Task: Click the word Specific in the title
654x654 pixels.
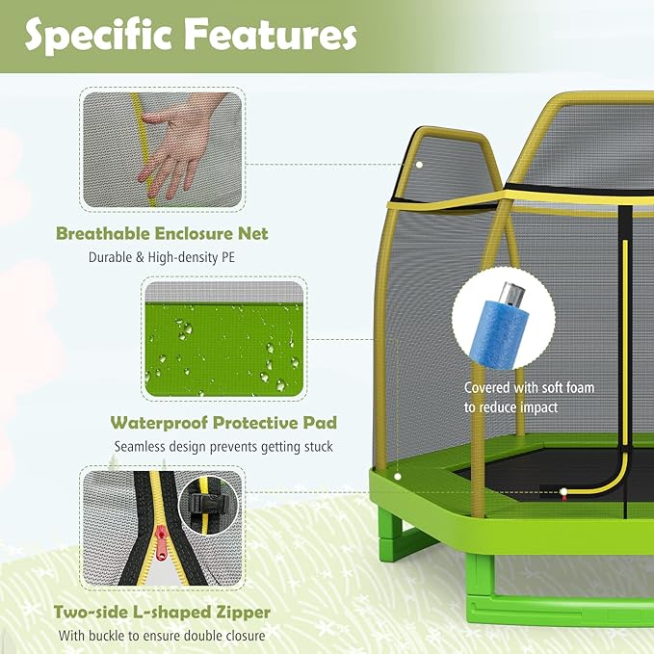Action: click(98, 36)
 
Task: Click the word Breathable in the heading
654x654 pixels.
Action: click(103, 233)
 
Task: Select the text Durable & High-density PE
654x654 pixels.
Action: click(162, 257)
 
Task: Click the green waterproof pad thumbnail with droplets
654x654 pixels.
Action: click(224, 339)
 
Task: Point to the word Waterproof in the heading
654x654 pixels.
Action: click(159, 423)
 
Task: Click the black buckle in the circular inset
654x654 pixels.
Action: click(208, 502)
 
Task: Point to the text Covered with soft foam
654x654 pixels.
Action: click(530, 387)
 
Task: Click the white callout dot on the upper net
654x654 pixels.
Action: click(419, 165)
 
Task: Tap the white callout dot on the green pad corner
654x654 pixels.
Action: click(398, 477)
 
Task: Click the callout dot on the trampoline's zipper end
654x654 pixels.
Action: click(563, 492)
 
